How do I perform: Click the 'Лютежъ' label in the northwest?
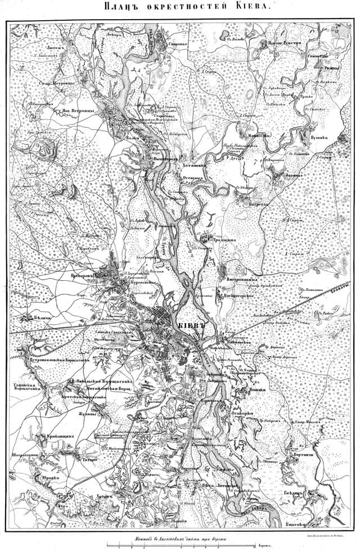tap(49, 50)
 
